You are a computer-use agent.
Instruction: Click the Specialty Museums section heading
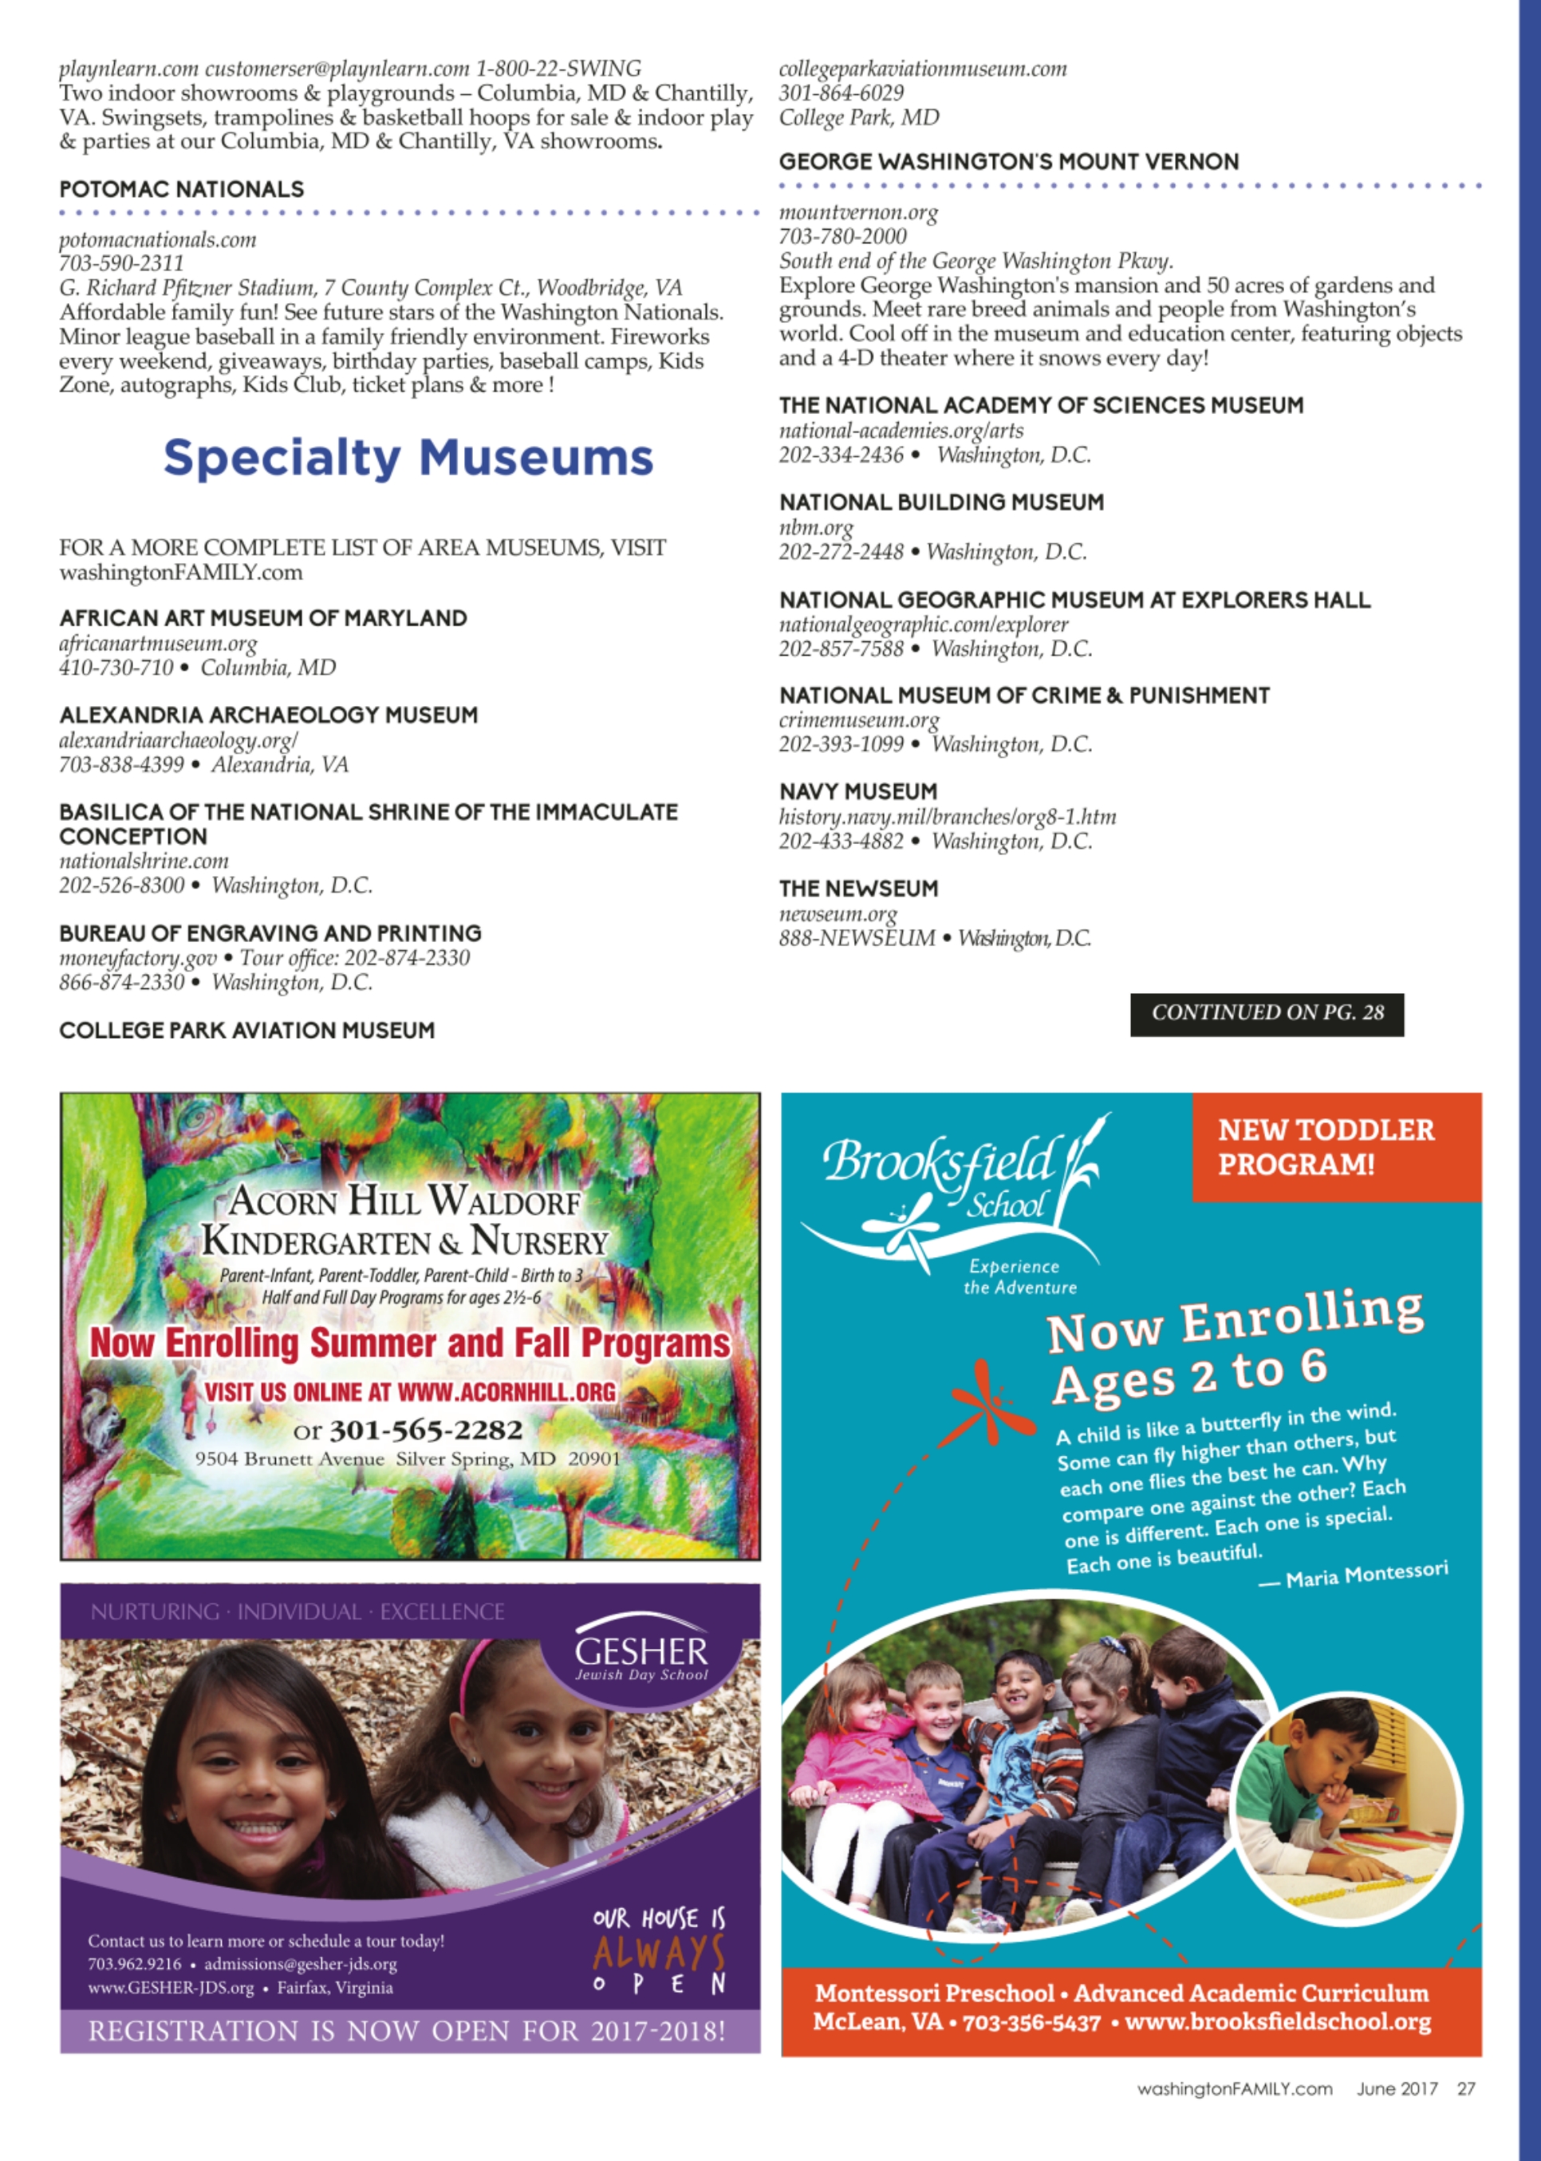[x=408, y=459]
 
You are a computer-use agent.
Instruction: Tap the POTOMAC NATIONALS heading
[x=181, y=189]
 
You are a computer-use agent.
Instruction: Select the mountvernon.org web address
[x=857, y=212]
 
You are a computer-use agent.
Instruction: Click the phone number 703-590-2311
[x=121, y=263]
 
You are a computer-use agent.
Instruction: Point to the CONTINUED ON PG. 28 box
[x=1266, y=1012]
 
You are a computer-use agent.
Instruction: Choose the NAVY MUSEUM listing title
[x=857, y=791]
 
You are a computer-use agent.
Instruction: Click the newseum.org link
[x=837, y=914]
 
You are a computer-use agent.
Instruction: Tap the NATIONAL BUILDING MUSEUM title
[x=941, y=502]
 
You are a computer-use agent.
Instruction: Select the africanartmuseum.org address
[x=157, y=644]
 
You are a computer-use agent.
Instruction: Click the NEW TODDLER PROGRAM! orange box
[x=1335, y=1146]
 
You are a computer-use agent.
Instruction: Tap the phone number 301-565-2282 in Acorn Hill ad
[x=425, y=1429]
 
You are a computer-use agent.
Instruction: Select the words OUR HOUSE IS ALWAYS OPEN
[x=659, y=1951]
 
